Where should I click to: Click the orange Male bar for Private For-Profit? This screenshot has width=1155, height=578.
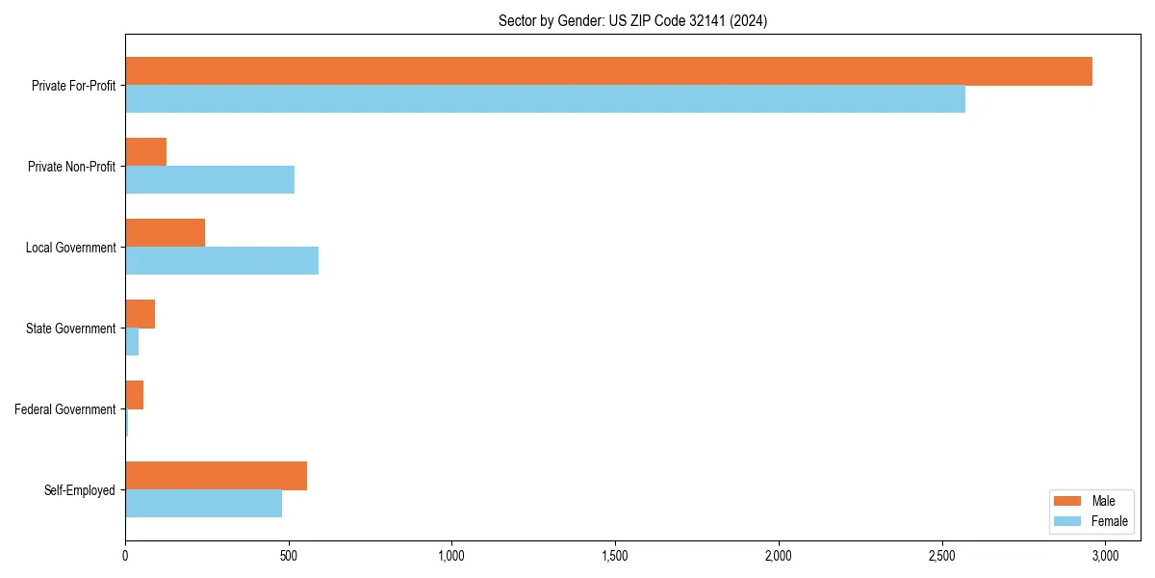tap(608, 71)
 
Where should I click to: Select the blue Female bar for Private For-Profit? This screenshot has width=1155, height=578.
tap(545, 99)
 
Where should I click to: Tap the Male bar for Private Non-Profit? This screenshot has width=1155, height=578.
tap(145, 152)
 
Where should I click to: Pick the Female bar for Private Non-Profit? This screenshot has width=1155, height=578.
tap(210, 180)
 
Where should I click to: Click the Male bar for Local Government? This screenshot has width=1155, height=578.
tap(165, 233)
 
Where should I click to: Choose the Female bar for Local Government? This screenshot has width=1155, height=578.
tap(221, 261)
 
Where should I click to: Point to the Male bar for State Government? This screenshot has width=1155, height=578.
tap(140, 314)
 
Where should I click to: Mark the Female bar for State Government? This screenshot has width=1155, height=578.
tap(132, 342)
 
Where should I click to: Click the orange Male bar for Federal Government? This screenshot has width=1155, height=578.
tap(134, 395)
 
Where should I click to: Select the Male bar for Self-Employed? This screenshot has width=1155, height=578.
tap(216, 476)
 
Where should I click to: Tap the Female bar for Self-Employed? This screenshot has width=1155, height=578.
tap(203, 504)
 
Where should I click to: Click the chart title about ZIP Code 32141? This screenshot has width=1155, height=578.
tap(632, 20)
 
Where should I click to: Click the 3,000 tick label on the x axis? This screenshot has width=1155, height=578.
tap(1105, 556)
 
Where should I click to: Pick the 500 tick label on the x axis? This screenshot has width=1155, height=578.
tap(289, 556)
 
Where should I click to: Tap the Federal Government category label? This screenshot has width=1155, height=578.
tap(65, 409)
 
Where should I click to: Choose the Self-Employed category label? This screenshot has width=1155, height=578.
tap(80, 490)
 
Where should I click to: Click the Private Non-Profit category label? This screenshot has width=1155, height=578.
tap(71, 167)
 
